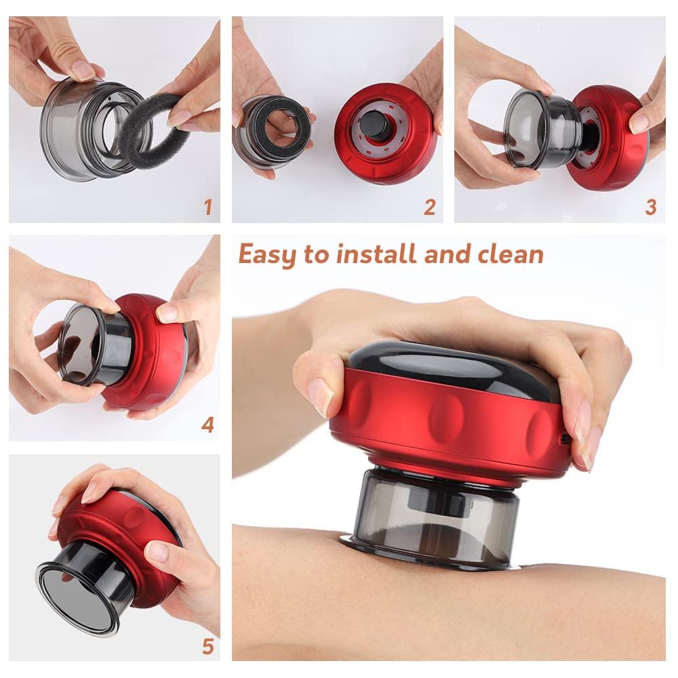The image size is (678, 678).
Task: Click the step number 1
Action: click(x=208, y=206)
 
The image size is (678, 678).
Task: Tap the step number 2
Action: click(x=429, y=207)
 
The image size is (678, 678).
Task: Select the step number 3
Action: click(x=650, y=207)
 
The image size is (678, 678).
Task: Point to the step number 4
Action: click(x=207, y=425)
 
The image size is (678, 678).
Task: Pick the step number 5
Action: click(x=207, y=646)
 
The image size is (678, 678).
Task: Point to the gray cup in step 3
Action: click(x=536, y=129)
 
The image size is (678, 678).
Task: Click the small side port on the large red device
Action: click(x=565, y=439)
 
